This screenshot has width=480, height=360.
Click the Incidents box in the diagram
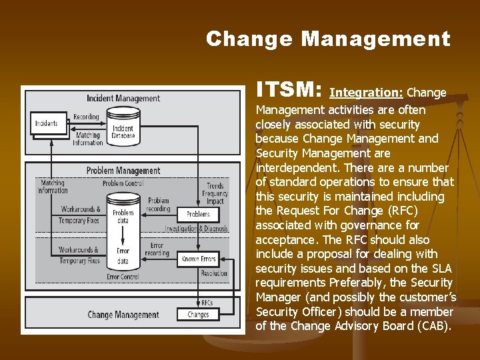pos(47,123)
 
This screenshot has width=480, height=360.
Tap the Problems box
pos(198,214)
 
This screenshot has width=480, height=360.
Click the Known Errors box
pos(198,258)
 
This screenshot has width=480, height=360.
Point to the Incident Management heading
pos(123,99)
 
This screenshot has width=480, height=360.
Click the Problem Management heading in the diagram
pos(123,171)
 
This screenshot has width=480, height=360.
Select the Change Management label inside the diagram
pos(123,315)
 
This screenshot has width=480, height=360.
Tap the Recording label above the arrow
pos(86,117)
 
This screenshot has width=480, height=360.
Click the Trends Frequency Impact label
pos(215,193)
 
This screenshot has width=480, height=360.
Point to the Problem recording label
pos(159,204)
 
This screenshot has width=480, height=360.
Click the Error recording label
pos(157,249)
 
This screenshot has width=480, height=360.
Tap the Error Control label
pos(123,277)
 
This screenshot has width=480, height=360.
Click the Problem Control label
pos(123,183)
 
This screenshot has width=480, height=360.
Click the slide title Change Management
pos(328,39)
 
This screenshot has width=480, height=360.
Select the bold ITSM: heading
pos(290,90)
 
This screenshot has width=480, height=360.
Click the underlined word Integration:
pos(366,93)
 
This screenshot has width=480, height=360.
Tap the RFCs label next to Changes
pos(207,302)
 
